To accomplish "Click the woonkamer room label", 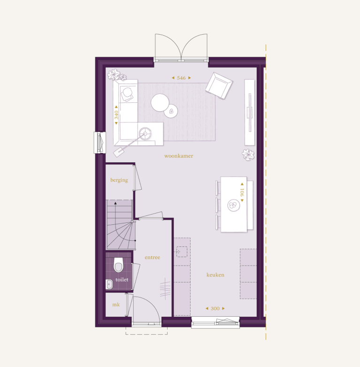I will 178,156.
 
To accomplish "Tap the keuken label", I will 215,275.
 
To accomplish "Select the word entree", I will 153,257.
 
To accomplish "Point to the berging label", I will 119,180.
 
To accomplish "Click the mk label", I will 115,305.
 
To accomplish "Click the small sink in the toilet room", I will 109,283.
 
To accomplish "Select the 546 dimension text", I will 181,78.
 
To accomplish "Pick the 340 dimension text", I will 116,115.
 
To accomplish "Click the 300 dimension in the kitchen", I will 215,308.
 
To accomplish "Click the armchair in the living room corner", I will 219,85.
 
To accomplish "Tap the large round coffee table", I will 160,102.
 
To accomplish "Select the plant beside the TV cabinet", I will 248,154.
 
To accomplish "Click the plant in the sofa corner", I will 116,75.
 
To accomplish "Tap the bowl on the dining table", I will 233,205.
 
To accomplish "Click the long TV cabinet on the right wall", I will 249,112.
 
